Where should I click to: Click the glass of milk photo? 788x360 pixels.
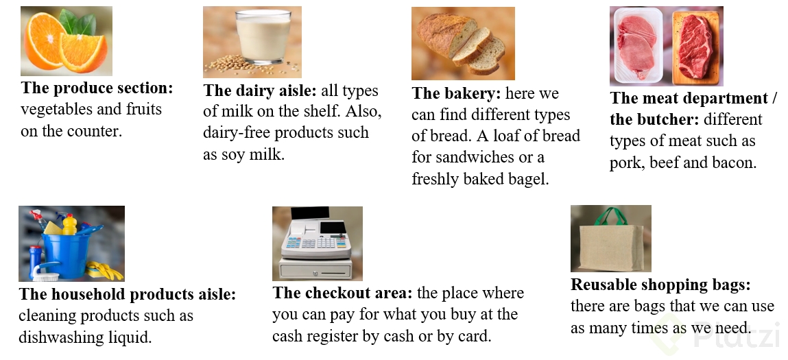point(252,42)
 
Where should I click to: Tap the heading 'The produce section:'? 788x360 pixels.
point(97,88)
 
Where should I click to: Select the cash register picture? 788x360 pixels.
point(317,243)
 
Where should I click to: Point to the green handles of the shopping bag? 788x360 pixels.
point(610,216)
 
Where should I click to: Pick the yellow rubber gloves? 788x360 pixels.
point(104,270)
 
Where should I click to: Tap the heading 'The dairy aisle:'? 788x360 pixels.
point(260,91)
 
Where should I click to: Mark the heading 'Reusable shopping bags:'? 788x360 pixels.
point(660,285)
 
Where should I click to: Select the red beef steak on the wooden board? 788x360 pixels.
point(695,46)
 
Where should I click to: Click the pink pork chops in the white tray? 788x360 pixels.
point(636,46)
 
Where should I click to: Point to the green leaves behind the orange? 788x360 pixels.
point(78,22)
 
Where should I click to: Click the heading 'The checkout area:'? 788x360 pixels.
point(343,293)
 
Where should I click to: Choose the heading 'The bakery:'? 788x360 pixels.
point(456,93)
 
